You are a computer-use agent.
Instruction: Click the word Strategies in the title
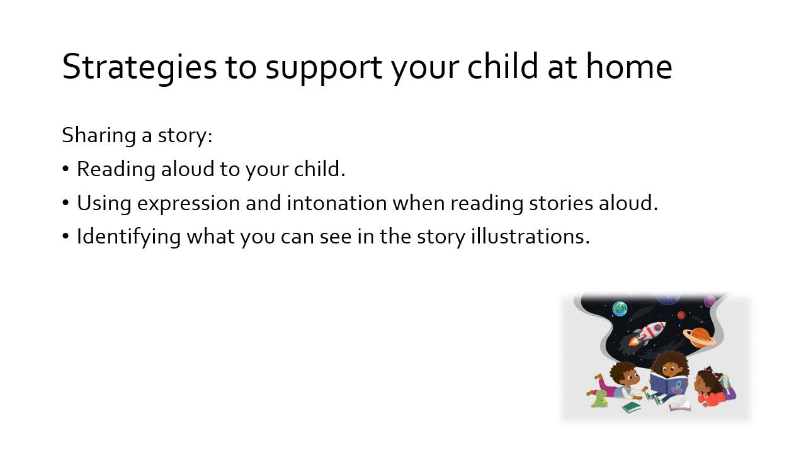point(140,67)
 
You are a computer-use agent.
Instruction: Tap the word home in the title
point(629,66)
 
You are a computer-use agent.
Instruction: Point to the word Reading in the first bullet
point(116,170)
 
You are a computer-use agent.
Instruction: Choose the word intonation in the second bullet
point(337,203)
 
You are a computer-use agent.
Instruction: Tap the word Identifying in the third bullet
point(129,238)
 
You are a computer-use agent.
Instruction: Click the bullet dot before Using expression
point(65,203)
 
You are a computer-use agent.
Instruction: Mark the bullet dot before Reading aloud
point(65,169)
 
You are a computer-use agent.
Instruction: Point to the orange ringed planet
point(700,337)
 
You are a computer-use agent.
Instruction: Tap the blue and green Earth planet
point(620,309)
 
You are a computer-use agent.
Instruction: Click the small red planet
point(681,315)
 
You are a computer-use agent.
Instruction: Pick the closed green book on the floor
point(632,407)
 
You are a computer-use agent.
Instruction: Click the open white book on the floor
point(680,406)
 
